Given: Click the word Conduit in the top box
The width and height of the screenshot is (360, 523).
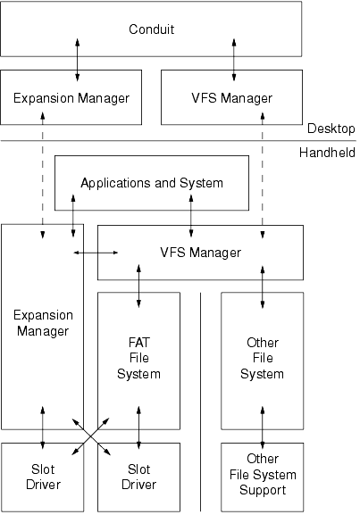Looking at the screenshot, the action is click(151, 29).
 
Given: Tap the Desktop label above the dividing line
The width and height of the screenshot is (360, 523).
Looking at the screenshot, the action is click(331, 129).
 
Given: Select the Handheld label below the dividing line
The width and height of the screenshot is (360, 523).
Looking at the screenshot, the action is click(327, 153).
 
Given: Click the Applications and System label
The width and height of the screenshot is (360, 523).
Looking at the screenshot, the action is click(152, 183).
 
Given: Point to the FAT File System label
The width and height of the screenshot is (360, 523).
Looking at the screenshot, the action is click(138, 358).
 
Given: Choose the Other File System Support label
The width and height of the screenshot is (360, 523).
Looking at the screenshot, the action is click(263, 474).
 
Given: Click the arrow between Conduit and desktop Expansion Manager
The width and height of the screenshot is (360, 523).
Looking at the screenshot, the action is click(77, 60).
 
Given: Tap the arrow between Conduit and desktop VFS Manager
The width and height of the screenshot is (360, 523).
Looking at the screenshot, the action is click(234, 60).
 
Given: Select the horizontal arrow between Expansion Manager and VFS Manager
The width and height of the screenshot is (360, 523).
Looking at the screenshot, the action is click(96, 253).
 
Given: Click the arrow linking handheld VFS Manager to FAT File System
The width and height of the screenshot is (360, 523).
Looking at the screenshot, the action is click(138, 286).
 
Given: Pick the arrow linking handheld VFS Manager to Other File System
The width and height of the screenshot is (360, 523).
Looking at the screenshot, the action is click(263, 286).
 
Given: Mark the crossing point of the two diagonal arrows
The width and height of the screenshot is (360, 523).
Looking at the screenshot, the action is click(91, 436).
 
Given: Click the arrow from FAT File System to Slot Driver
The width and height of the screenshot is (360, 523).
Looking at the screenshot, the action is click(138, 428).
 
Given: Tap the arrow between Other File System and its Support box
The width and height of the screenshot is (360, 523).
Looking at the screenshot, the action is click(263, 428).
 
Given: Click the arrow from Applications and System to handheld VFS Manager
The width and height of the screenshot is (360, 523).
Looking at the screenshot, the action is click(191, 216).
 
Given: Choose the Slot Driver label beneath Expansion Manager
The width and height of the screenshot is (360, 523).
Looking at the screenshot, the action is click(43, 477).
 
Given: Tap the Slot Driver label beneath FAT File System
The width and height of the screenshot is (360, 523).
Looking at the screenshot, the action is click(138, 477).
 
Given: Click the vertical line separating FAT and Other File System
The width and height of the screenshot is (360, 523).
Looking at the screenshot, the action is click(200, 402).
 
